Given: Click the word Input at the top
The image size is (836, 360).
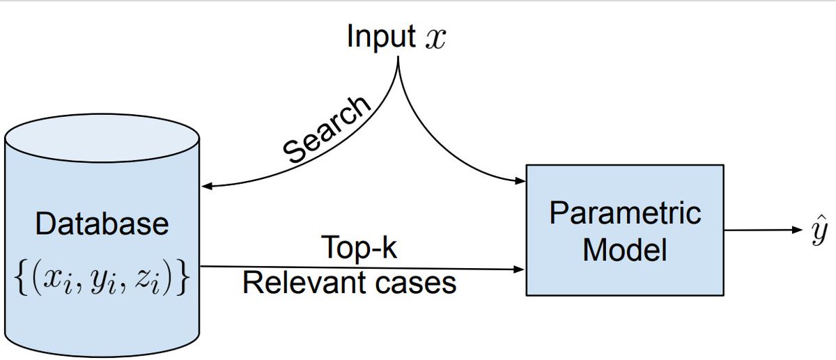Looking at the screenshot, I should click(382, 37).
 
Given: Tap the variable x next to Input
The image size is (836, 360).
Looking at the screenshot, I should click(433, 39).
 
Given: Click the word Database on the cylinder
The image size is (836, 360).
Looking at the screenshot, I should click(102, 224).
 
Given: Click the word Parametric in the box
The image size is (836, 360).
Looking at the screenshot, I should click(625, 212).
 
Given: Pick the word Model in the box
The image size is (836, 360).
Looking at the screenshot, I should click(625, 249).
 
